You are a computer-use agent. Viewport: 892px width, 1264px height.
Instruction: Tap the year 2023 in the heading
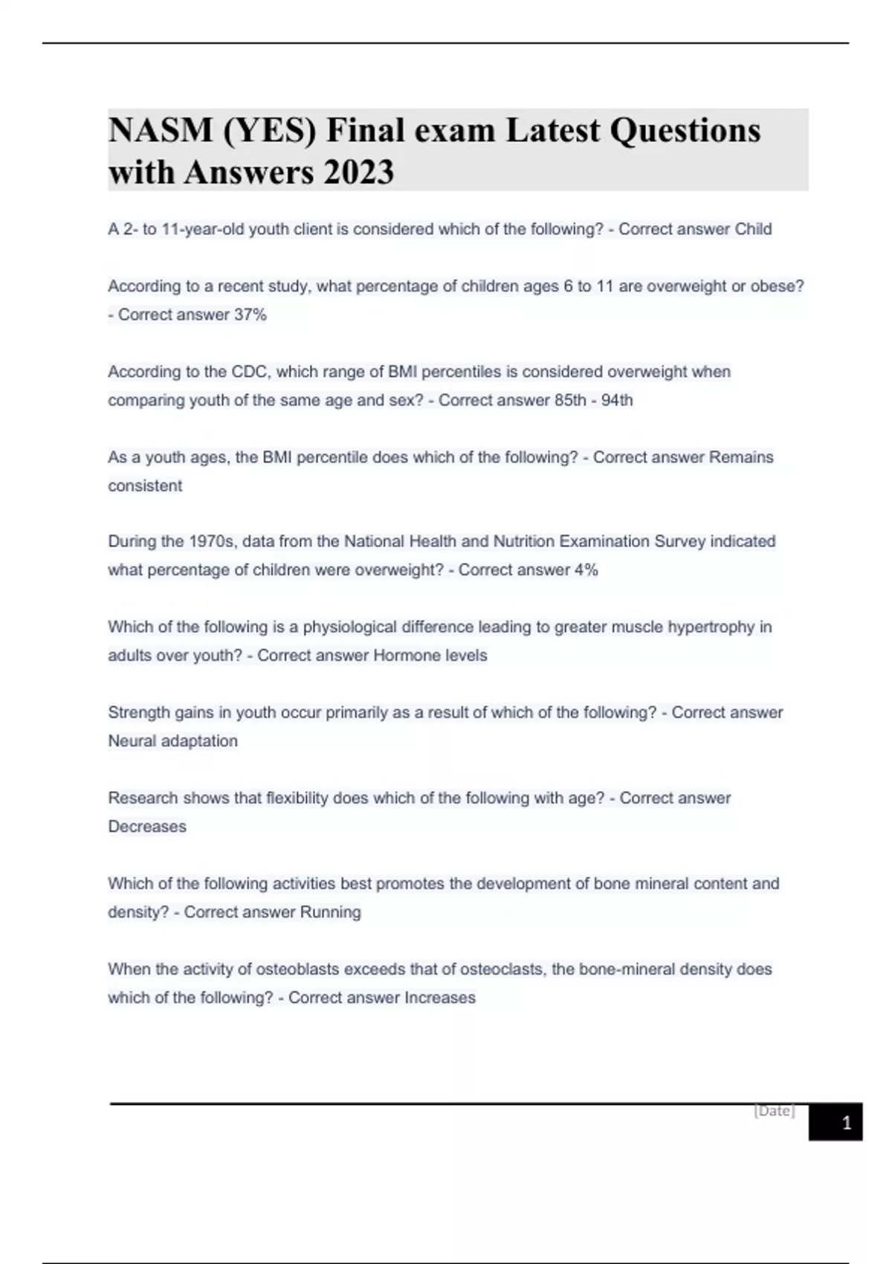click(x=359, y=172)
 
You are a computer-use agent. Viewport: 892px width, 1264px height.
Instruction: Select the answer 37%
click(x=251, y=315)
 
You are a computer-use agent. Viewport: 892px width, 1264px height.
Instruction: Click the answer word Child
click(x=753, y=229)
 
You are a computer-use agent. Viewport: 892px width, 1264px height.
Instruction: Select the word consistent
click(x=145, y=486)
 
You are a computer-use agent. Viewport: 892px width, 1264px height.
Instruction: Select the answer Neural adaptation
click(x=173, y=741)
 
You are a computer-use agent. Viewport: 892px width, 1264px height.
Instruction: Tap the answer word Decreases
click(x=147, y=827)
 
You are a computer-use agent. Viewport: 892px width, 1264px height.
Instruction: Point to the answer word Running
click(x=330, y=912)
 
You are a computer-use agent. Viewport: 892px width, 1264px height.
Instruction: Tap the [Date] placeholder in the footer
click(x=775, y=1111)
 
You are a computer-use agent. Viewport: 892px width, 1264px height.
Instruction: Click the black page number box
click(x=836, y=1122)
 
